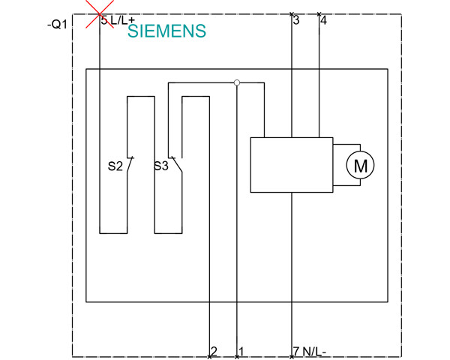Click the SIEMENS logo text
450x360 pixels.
click(166, 31)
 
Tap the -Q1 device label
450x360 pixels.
click(58, 23)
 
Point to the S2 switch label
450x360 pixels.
click(114, 166)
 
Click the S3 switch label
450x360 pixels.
click(160, 166)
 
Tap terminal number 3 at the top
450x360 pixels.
click(296, 21)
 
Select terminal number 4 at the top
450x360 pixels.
click(323, 21)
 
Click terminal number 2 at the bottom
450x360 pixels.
click(214, 351)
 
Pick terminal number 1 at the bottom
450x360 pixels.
click(242, 351)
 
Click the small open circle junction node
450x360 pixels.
click(237, 82)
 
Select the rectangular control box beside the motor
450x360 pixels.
click(291, 165)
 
